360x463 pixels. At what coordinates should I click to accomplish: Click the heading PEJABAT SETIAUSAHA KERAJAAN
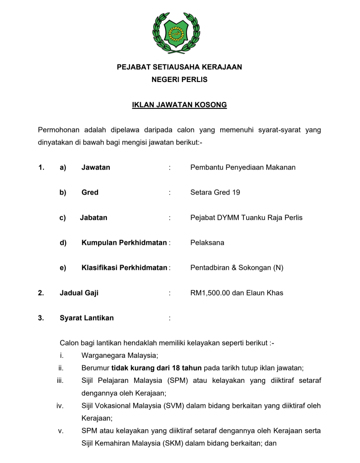(x=180, y=67)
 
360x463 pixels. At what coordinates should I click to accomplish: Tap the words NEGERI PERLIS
(x=180, y=80)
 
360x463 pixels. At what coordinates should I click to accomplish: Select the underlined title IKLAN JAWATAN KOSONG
(x=180, y=105)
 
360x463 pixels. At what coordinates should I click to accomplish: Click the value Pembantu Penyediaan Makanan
(x=242, y=167)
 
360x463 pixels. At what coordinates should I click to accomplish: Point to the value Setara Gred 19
(x=215, y=192)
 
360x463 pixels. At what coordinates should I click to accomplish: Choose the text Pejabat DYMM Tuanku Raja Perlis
(x=246, y=217)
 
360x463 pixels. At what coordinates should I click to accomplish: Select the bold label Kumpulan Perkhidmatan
(x=124, y=242)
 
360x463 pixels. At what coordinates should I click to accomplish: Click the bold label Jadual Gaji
(x=79, y=293)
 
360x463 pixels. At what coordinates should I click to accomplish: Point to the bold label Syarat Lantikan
(x=87, y=318)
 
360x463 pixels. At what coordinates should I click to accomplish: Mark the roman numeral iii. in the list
(x=59, y=381)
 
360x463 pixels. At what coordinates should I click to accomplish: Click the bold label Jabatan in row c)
(x=93, y=217)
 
